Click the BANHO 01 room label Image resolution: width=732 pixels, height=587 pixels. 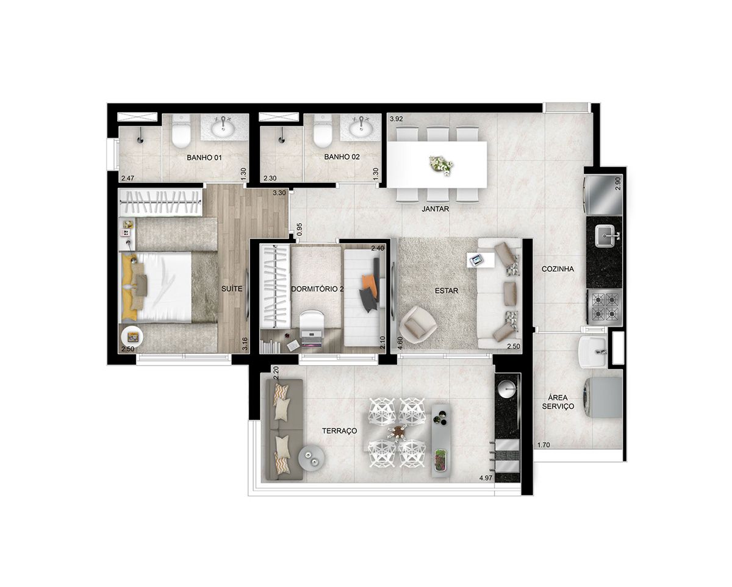coord(204,158)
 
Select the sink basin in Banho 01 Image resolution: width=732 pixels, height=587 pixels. coord(223,127)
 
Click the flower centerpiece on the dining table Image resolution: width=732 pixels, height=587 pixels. coord(441,165)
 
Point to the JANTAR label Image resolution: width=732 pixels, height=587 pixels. coord(436,209)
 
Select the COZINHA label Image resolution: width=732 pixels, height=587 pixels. coord(558,269)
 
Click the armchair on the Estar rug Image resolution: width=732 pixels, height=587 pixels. coord(418,324)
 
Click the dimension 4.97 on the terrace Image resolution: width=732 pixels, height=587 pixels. coord(486,478)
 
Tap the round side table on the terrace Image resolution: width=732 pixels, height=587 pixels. coord(311,457)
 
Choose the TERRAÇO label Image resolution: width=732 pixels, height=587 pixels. coord(340,431)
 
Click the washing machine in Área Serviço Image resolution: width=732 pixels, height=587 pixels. coord(603,398)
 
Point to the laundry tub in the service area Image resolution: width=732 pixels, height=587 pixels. coord(592,352)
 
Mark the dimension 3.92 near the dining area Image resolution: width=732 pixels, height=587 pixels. coord(396,119)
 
